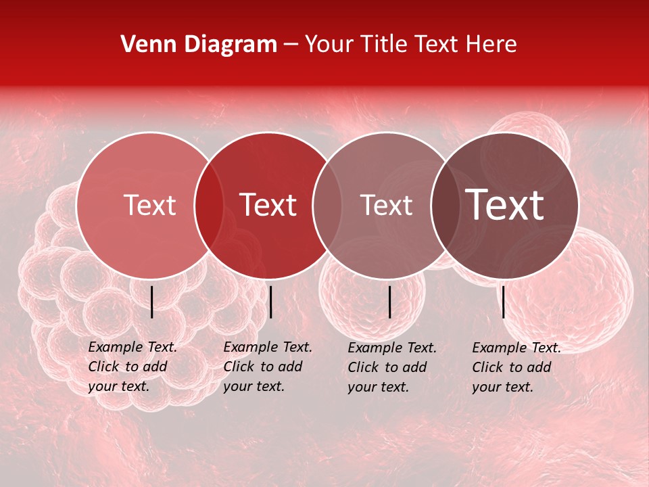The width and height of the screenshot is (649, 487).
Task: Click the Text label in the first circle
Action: coord(149,205)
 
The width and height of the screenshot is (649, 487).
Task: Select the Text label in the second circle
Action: coord(268,205)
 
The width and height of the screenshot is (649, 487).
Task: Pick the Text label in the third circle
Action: coord(386,205)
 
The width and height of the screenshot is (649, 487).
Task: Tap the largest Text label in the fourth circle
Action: coord(505,205)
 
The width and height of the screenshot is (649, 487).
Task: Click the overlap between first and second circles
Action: coord(209,206)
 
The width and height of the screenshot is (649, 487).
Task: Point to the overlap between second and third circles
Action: coord(327,206)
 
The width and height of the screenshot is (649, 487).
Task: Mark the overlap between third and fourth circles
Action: coord(445,206)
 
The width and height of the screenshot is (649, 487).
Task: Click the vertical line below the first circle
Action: coord(152,302)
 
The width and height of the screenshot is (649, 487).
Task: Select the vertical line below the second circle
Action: coord(271,302)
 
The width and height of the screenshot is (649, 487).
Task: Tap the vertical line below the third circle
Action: coord(390,302)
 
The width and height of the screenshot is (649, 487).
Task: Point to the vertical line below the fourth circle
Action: coord(504,302)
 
